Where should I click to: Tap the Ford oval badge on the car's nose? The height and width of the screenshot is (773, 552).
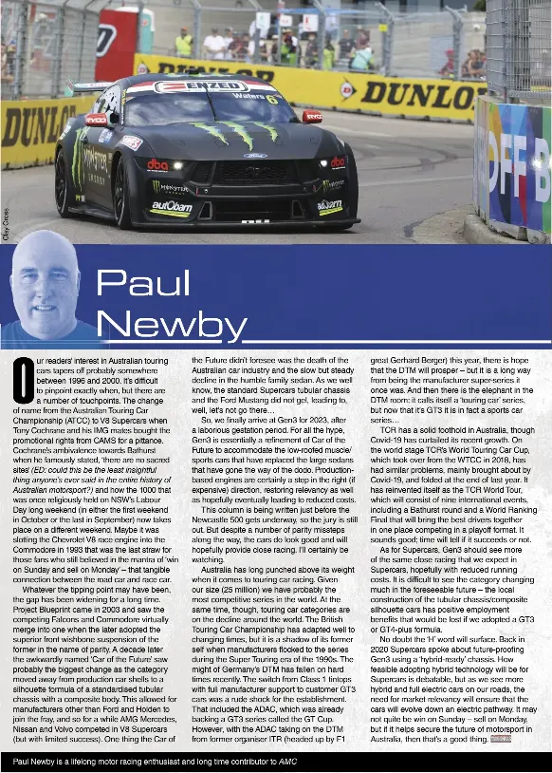(x=255, y=156)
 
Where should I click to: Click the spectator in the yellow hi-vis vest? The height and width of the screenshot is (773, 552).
(x=184, y=44)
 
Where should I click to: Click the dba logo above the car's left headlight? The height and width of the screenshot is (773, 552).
(x=157, y=164)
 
